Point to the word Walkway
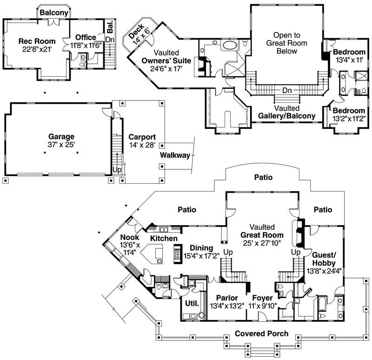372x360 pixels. [x=175, y=155]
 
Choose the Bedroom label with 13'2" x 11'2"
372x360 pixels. [x=348, y=111]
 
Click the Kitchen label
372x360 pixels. [x=163, y=239]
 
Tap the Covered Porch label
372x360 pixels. [x=261, y=333]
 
